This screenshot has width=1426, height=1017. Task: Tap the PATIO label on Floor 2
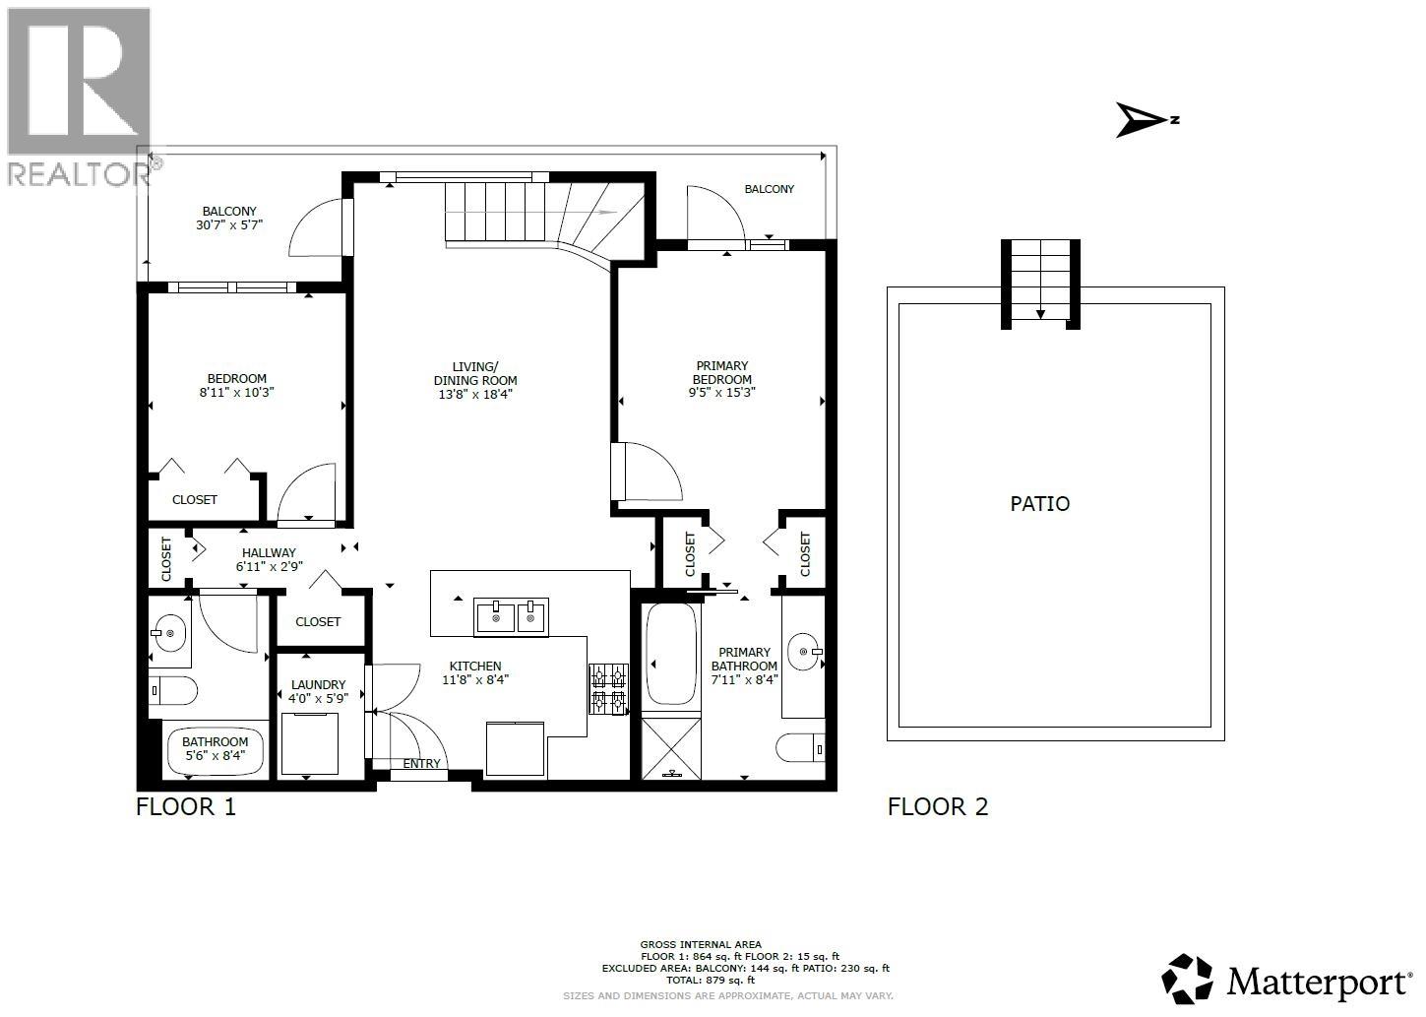[x=1039, y=504]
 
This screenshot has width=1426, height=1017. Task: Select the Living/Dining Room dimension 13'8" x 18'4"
[x=474, y=394]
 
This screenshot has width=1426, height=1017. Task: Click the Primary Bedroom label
[x=721, y=373]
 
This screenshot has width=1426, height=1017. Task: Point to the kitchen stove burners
[x=608, y=688]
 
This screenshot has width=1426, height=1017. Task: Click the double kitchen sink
[x=512, y=617]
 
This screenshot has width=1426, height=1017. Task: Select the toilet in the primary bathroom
[x=800, y=749]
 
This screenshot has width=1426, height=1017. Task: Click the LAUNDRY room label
[x=318, y=684]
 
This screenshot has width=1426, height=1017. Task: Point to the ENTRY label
[x=421, y=764]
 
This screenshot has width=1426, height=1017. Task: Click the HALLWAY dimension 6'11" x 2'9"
[x=268, y=567]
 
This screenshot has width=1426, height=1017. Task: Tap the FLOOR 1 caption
[x=186, y=807]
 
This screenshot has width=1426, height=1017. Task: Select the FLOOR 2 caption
[x=937, y=807]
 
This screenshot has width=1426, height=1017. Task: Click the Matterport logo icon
[x=1188, y=979]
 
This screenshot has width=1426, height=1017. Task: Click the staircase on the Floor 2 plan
[x=1040, y=284]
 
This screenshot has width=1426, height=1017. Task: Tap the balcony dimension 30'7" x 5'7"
[x=228, y=224]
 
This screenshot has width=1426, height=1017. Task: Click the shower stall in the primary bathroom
[x=671, y=748]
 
